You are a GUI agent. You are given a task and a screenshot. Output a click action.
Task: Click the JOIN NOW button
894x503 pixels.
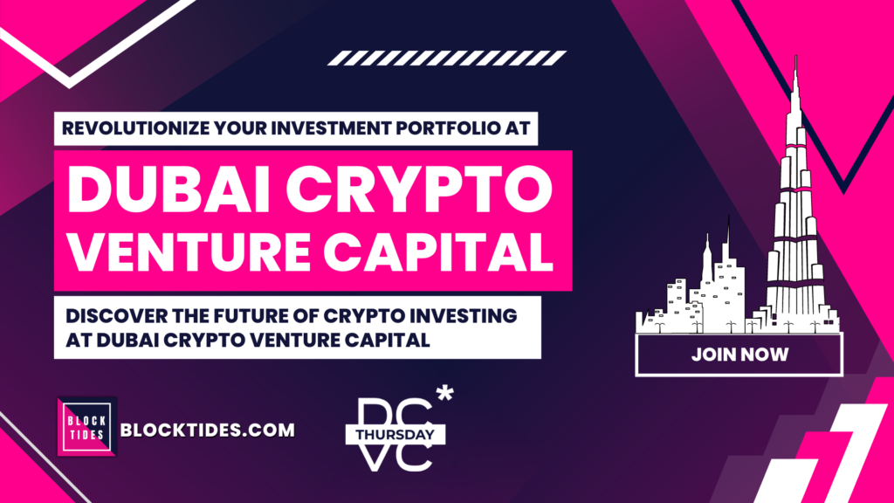[739, 355]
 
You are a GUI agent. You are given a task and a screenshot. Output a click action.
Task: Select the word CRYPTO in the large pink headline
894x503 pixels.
[419, 189]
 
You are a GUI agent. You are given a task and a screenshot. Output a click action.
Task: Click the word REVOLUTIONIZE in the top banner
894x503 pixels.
[135, 128]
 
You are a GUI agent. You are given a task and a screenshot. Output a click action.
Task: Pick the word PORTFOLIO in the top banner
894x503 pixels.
[447, 128]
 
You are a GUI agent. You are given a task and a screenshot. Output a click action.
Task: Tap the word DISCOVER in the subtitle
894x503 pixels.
[117, 315]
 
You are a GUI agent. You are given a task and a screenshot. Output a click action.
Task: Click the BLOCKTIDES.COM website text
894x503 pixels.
[208, 430]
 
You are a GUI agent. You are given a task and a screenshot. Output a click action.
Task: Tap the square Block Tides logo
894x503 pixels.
[87, 426]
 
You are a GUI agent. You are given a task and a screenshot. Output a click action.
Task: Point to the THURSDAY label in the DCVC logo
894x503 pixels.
[395, 435]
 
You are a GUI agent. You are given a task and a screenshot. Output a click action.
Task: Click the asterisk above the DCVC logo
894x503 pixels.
[444, 394]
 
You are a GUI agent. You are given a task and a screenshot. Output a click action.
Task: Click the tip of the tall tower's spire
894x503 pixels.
[796, 55]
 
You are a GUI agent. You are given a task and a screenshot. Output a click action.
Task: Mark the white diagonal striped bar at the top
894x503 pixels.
[447, 59]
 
